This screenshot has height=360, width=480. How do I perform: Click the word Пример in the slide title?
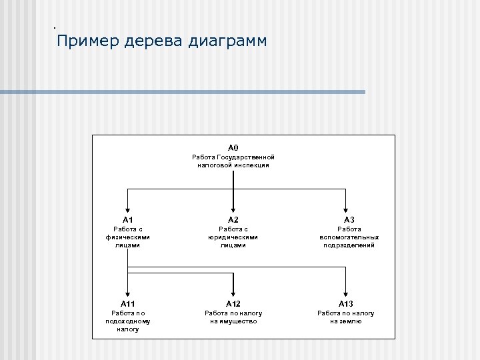[87, 42]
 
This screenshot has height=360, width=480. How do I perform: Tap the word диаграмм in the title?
[228, 42]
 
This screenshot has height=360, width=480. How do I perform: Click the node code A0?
[233, 147]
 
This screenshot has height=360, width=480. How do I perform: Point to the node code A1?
[128, 219]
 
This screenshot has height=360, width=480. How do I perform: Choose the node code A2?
[233, 219]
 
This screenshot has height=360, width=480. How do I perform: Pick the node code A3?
[349, 219]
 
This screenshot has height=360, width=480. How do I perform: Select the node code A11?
[128, 303]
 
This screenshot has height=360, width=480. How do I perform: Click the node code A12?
[233, 303]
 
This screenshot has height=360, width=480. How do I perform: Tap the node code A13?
[346, 303]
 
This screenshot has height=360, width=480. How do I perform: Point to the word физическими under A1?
[128, 237]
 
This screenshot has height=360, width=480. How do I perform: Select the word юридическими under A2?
[233, 237]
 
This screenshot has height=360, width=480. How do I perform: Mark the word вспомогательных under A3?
[349, 237]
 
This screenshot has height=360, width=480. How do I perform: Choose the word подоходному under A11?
[128, 321]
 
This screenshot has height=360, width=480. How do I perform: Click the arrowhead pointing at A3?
[346, 208]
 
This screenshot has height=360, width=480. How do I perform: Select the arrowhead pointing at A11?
[128, 292]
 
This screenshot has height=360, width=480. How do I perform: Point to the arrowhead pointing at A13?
[346, 292]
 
